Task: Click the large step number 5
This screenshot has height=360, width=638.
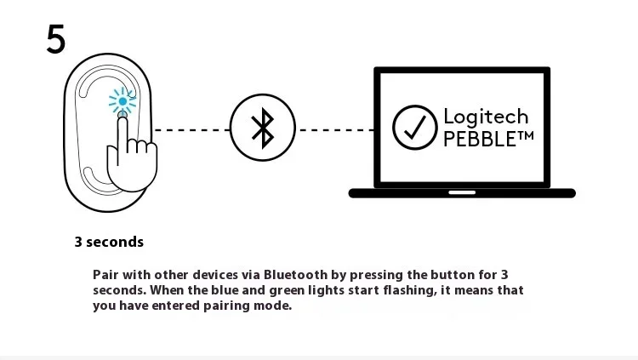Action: click(x=55, y=39)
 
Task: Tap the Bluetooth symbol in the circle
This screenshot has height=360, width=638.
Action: click(x=262, y=129)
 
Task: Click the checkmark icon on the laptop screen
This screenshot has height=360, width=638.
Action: click(x=414, y=129)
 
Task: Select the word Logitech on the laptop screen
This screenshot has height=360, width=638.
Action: click(x=486, y=117)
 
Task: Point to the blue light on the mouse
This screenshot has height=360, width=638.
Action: click(x=122, y=102)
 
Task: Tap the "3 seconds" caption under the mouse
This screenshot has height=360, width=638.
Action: click(x=109, y=242)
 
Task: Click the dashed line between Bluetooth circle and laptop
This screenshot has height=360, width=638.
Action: click(x=335, y=130)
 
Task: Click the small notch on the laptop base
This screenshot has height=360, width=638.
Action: click(x=462, y=192)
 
